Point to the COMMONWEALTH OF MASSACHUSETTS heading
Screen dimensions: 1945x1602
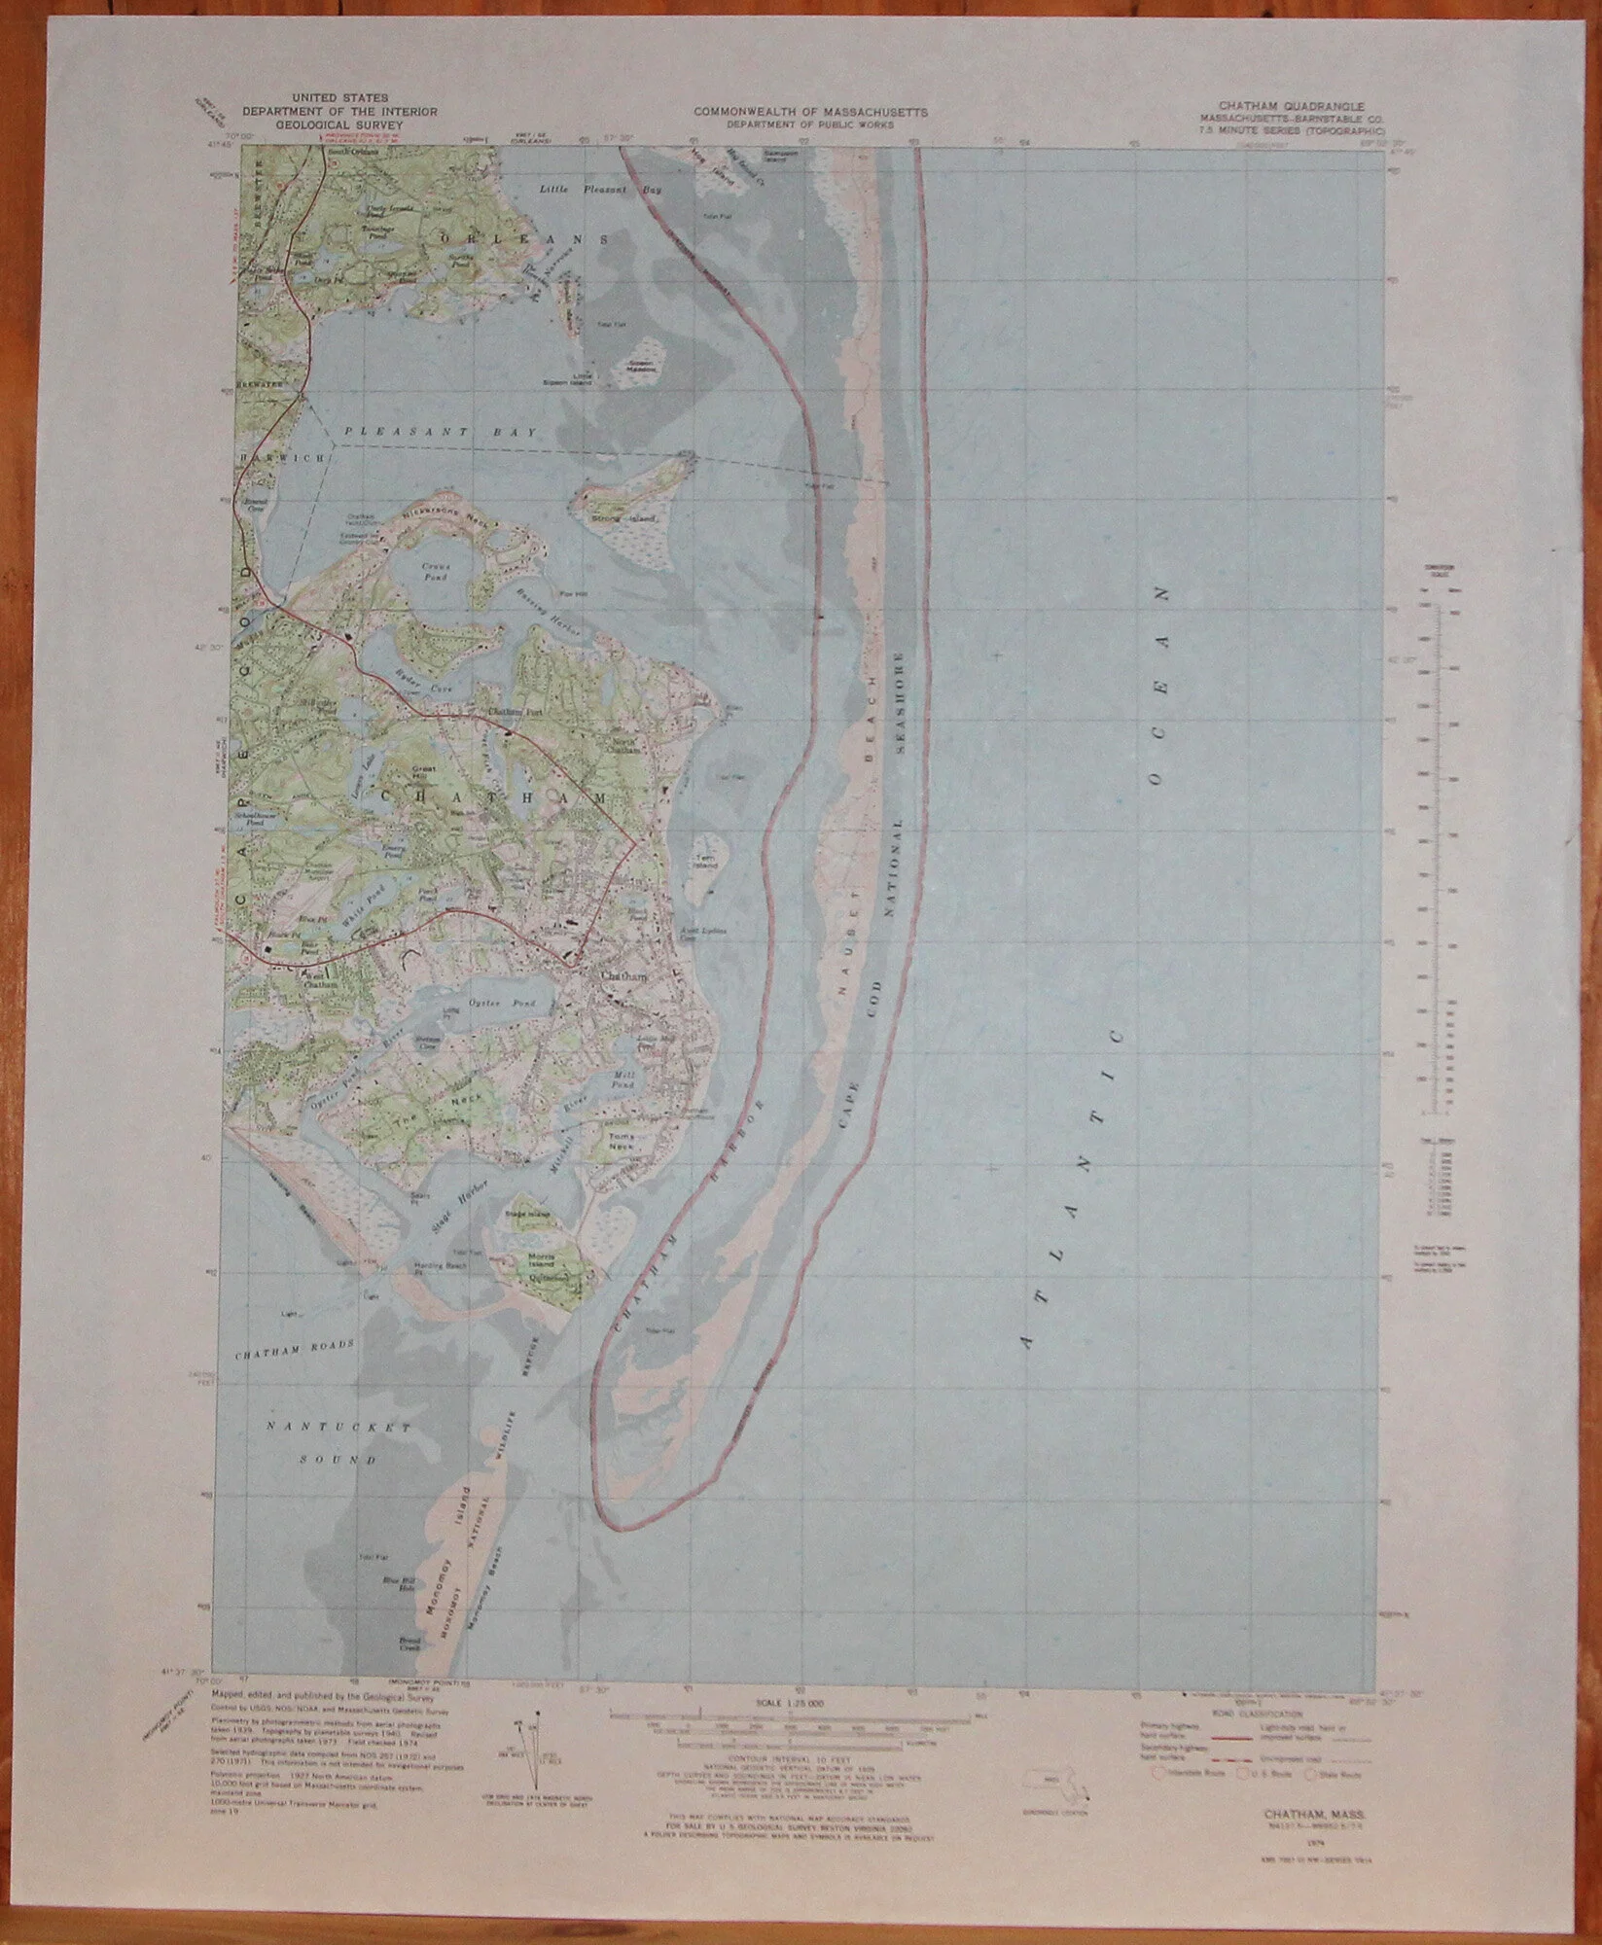(x=810, y=111)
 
